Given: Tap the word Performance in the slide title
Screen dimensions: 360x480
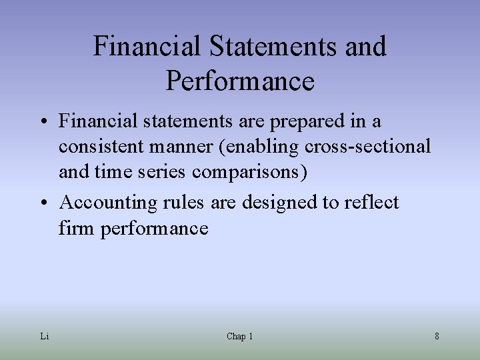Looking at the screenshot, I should tap(240, 81).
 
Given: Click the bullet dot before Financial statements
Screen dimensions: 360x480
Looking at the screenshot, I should tap(44, 122).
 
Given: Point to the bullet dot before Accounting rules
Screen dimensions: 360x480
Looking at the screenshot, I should tap(44, 203).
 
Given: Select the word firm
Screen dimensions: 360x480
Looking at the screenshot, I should tap(77, 229).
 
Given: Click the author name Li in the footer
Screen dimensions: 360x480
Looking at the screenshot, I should tap(44, 337).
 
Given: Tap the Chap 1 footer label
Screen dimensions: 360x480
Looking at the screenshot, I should tap(239, 337).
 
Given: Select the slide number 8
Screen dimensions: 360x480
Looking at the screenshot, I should tap(437, 337).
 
